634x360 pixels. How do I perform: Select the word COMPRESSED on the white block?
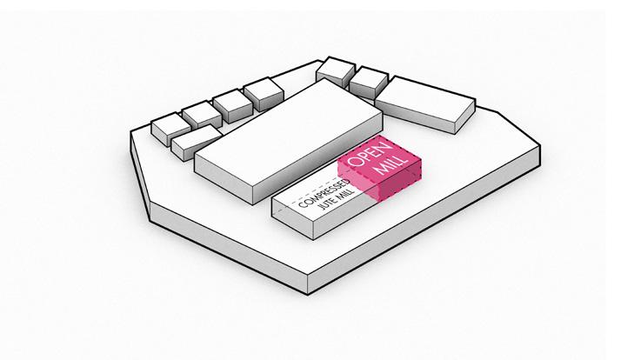point(323,192)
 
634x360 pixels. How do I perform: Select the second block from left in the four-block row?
point(201,113)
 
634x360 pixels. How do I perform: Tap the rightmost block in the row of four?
point(262,90)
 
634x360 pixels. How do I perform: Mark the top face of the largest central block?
point(287,130)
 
